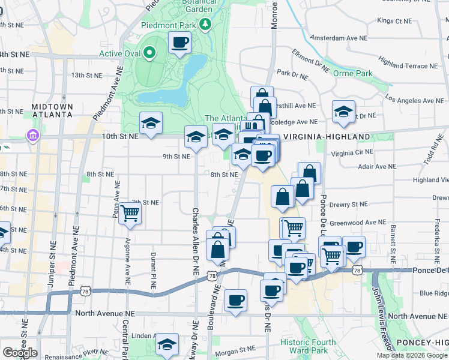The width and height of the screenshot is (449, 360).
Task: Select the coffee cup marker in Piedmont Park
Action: [x=180, y=43]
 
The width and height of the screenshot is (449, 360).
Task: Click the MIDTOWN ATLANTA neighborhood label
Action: [x=52, y=111]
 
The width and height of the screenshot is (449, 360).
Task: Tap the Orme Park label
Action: [x=353, y=74]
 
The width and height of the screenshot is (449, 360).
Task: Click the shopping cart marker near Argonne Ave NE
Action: [x=130, y=213]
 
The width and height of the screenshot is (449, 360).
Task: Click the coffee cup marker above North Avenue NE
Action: [x=235, y=299]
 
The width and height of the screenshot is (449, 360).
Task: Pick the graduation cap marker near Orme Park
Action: [x=343, y=112]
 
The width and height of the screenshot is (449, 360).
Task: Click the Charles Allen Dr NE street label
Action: [x=195, y=242]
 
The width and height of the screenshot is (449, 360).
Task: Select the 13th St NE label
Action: [x=87, y=75]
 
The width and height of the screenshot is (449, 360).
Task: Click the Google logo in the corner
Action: [x=20, y=353]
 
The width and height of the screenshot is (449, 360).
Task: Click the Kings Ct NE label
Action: [x=395, y=20]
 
